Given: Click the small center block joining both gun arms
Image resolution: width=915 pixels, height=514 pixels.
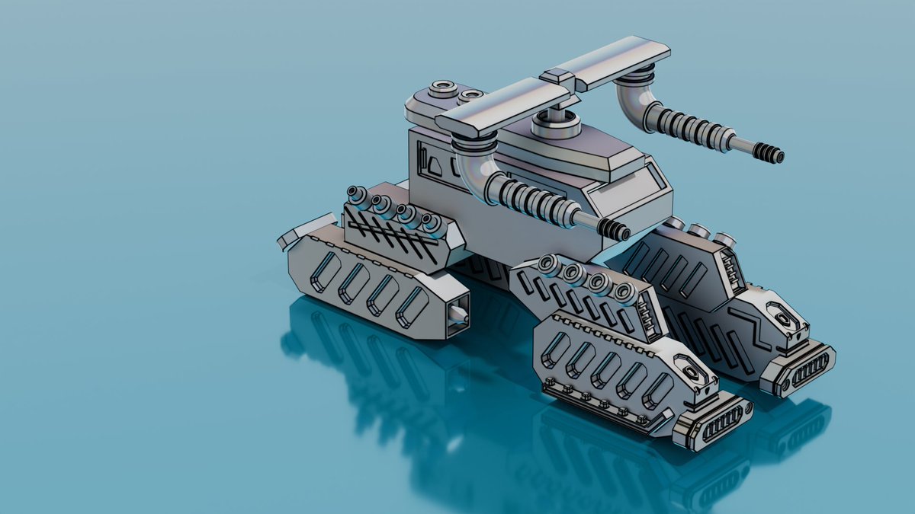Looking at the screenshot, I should (557, 76).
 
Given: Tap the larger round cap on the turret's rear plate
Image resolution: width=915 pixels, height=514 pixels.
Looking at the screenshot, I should (441, 89).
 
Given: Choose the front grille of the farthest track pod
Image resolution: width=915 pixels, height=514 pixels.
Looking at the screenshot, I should (801, 369).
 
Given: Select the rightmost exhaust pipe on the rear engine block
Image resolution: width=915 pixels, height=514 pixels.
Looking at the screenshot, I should (432, 222).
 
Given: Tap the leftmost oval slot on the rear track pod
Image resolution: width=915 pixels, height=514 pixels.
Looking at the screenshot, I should (323, 273).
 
